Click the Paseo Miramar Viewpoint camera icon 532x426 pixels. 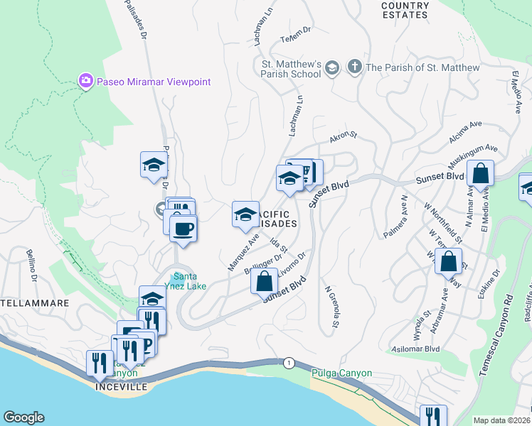[86, 82]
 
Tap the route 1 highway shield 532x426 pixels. [288, 363]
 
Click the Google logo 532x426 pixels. [23, 417]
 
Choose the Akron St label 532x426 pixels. [341, 133]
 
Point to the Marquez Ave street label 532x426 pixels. [243, 253]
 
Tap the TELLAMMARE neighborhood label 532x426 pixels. [33, 303]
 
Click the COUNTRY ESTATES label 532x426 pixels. [405, 10]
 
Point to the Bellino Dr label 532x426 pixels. [32, 263]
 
